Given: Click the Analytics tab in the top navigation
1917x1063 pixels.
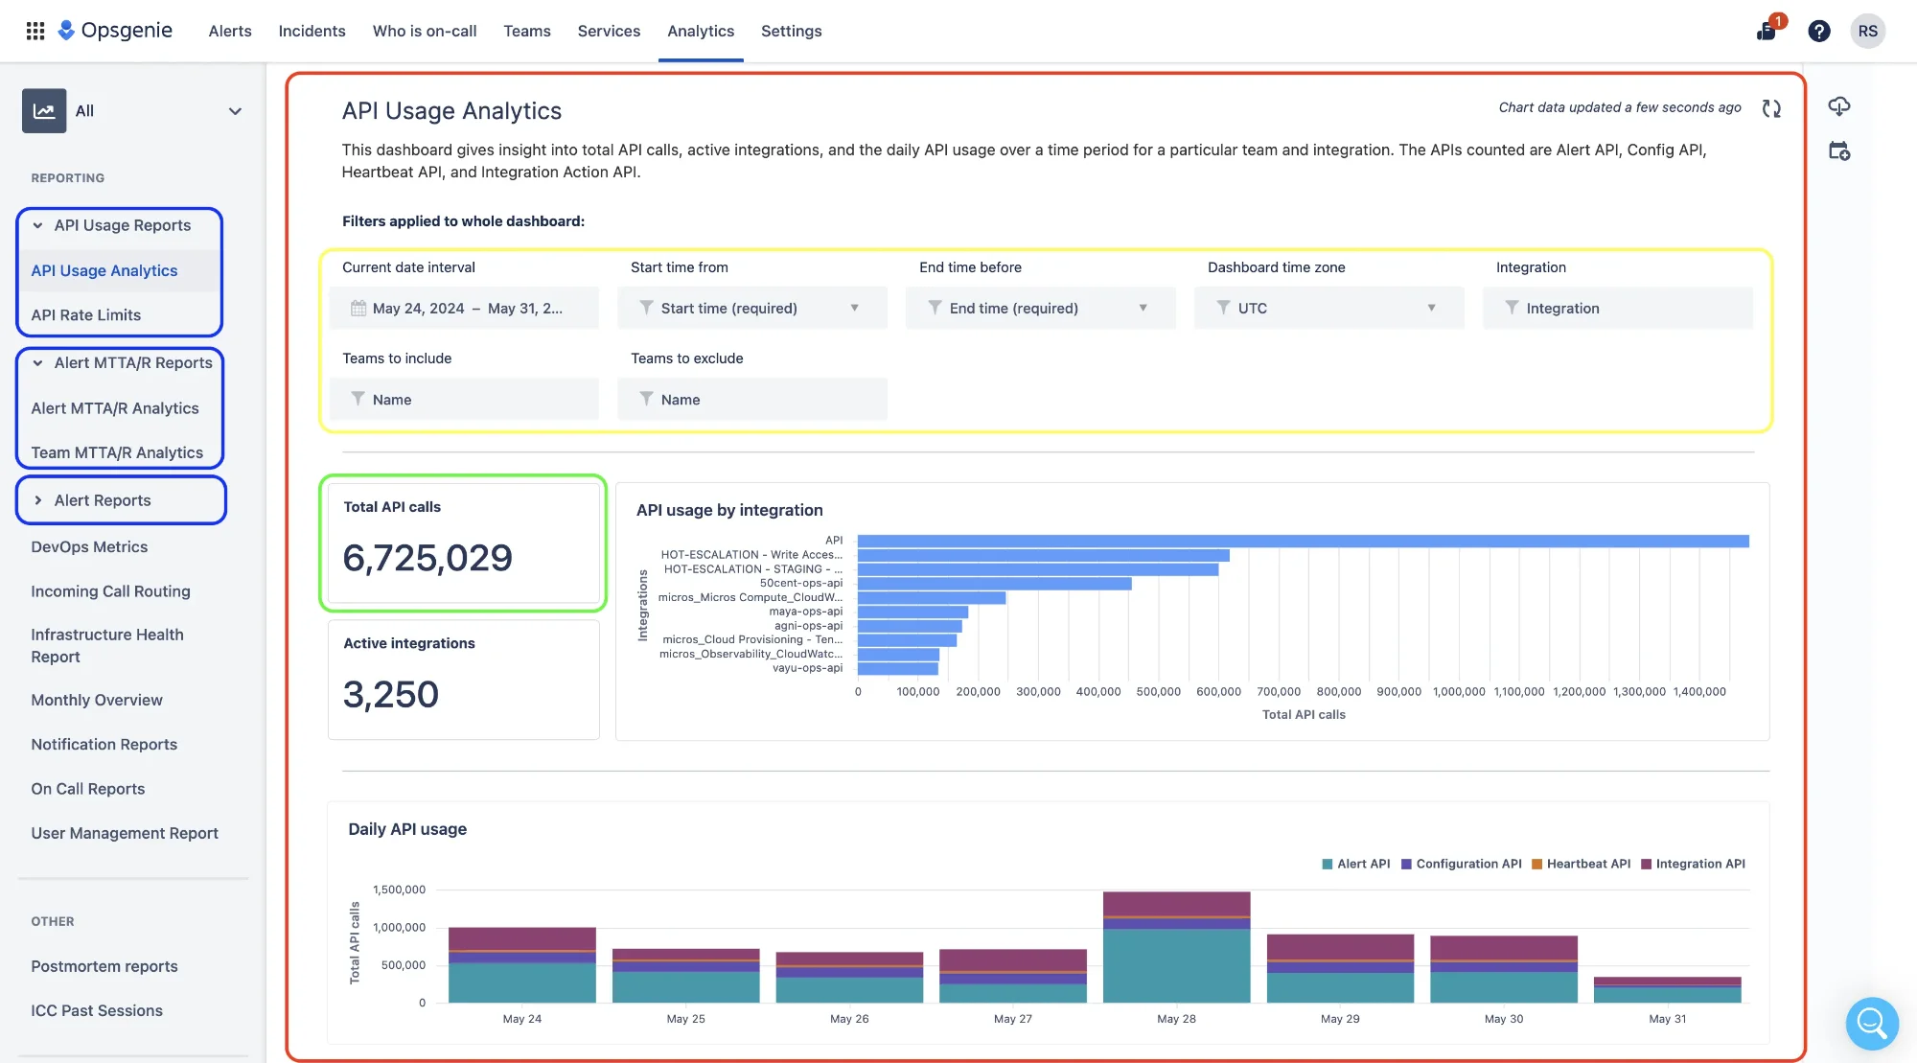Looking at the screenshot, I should (701, 31).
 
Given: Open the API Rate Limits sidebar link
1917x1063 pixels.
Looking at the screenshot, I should (85, 314).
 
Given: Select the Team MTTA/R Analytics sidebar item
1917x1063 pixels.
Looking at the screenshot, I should (117, 452).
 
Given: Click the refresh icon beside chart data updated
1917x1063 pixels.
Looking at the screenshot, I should (1770, 108).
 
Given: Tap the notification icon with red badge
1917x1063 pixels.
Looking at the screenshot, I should (1767, 31).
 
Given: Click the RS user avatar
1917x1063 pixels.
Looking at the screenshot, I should (1867, 31).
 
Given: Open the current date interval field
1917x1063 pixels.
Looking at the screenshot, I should (465, 308).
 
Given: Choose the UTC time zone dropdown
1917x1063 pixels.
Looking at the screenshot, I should (1328, 308).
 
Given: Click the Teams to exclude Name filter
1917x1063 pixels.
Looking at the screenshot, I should (752, 400).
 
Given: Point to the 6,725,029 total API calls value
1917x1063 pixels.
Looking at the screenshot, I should (427, 558).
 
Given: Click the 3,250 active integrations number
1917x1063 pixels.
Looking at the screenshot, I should (391, 694).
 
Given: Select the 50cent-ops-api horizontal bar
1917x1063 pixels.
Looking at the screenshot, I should (994, 583).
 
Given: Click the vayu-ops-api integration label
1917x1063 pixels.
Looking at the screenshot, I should (807, 668).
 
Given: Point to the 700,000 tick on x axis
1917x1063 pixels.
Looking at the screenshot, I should (1279, 691).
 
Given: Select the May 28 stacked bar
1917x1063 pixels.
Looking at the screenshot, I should (1176, 949).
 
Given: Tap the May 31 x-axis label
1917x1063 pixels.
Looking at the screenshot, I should (1667, 1019).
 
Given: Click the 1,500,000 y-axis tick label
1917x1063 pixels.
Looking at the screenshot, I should (399, 890).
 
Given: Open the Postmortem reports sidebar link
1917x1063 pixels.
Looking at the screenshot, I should (104, 966).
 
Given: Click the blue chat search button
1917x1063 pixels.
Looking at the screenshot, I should (1871, 1023).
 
